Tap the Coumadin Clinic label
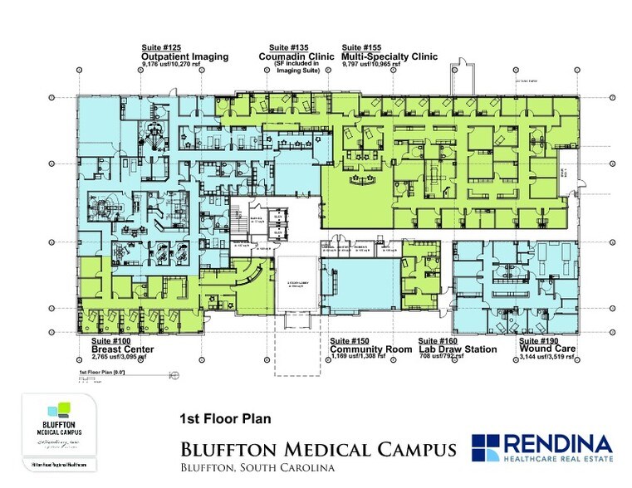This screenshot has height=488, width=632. coord(296,56)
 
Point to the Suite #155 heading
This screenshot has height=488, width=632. coord(364,47)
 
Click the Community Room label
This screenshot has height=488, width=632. coord(370,349)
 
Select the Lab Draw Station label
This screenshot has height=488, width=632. coord(458,349)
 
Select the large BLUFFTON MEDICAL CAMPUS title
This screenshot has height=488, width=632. coord(318,450)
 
